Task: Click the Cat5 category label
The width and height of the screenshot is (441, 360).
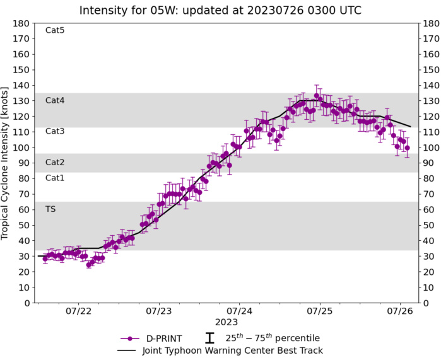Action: (x=55, y=30)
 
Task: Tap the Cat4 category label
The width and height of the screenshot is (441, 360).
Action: (x=55, y=100)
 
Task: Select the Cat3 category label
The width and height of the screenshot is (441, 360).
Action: (x=55, y=131)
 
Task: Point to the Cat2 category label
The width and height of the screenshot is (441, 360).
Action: (x=55, y=163)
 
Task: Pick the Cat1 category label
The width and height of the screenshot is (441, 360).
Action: (x=55, y=178)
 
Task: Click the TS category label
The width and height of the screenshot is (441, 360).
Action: (x=50, y=209)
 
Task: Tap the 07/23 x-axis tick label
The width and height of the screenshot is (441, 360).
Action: (x=159, y=311)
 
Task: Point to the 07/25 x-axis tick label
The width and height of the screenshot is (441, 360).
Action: (x=320, y=311)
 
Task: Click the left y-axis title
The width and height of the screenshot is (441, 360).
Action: (x=6, y=163)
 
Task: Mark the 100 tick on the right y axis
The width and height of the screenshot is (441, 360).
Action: (x=431, y=148)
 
